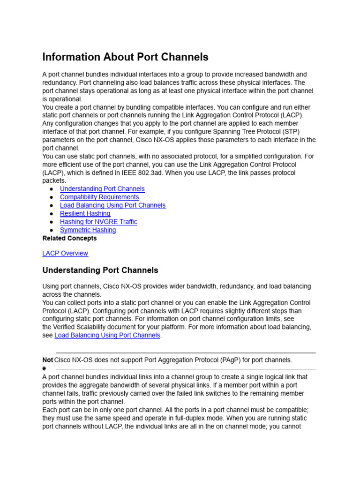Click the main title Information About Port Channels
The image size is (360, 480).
click(125, 57)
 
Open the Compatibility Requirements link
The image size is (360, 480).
click(99, 197)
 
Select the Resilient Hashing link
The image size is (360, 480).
click(85, 214)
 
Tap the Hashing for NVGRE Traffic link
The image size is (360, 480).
click(98, 222)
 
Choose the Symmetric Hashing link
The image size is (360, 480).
click(88, 230)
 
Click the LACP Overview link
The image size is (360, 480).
click(65, 253)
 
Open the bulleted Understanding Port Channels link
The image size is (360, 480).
click(102, 189)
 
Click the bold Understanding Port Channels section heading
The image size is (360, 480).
click(100, 270)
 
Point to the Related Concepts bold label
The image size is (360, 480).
click(69, 238)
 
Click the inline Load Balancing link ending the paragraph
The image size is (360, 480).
click(107, 336)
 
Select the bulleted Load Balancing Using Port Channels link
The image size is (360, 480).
click(112, 205)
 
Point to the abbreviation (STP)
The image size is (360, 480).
click(290, 131)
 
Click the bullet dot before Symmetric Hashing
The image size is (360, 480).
click(51, 230)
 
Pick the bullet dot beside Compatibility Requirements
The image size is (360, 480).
click(51, 197)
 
